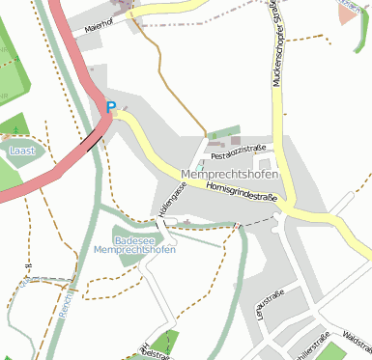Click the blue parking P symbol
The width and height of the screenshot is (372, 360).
click(110, 108)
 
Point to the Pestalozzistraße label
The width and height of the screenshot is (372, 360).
click(238, 151)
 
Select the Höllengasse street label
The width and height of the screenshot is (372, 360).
click(168, 199)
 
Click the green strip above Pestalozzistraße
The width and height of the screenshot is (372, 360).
click(223, 132)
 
